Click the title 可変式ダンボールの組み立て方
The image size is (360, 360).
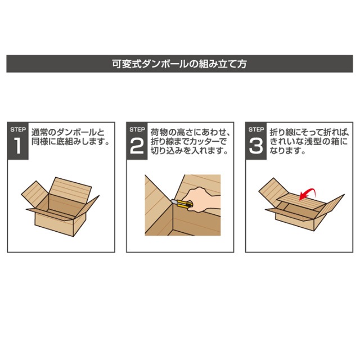[179, 64]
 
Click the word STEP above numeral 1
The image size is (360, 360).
[18, 129]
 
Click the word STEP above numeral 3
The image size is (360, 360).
[256, 129]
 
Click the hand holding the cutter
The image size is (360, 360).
[202, 199]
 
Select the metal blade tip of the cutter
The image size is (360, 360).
[173, 201]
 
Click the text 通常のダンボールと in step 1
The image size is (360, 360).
[67, 133]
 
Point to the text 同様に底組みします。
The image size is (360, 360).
[70, 142]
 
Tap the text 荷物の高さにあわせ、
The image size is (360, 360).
[190, 133]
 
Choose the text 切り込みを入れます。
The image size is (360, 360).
[190, 151]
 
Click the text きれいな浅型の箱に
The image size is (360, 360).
[309, 142]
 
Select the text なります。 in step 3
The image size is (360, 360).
[287, 151]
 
